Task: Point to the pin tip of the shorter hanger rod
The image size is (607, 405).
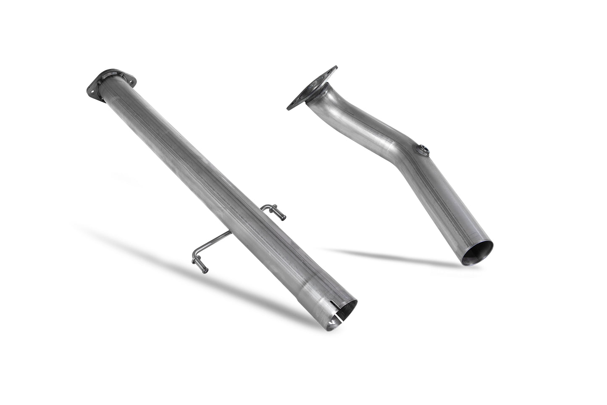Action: [284, 217]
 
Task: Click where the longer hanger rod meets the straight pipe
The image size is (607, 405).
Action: [229, 232]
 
